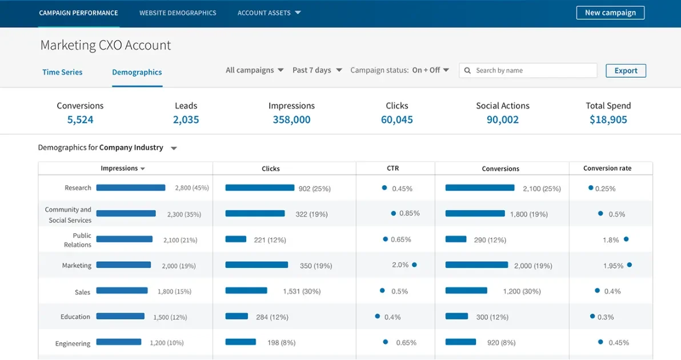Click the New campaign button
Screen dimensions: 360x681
pyautogui.click(x=610, y=13)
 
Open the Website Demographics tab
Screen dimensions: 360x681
pyautogui.click(x=178, y=13)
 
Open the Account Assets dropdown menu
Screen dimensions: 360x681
pyautogui.click(x=269, y=13)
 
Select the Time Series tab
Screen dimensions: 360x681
pyautogui.click(x=62, y=72)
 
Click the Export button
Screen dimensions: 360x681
pyautogui.click(x=626, y=70)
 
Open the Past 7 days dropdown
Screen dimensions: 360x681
pyautogui.click(x=317, y=70)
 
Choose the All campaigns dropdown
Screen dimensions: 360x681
pyautogui.click(x=254, y=70)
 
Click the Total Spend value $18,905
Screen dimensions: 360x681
pyautogui.click(x=608, y=119)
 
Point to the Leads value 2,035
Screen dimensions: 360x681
pyautogui.click(x=186, y=119)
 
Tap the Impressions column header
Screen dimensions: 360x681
pyautogui.click(x=122, y=168)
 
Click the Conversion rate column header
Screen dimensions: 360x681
pyautogui.click(x=607, y=168)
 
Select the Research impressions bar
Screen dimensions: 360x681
pyautogui.click(x=130, y=187)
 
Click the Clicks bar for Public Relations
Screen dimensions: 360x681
pyautogui.click(x=235, y=239)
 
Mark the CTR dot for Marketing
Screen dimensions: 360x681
pyautogui.click(x=414, y=265)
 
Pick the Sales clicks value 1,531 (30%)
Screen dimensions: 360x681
pyautogui.click(x=302, y=291)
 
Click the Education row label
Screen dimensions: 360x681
pyautogui.click(x=75, y=317)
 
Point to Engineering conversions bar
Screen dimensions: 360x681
pyautogui.click(x=460, y=342)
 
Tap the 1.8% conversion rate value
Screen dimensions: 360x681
pyautogui.click(x=611, y=240)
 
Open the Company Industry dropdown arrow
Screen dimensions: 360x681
pyautogui.click(x=174, y=149)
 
